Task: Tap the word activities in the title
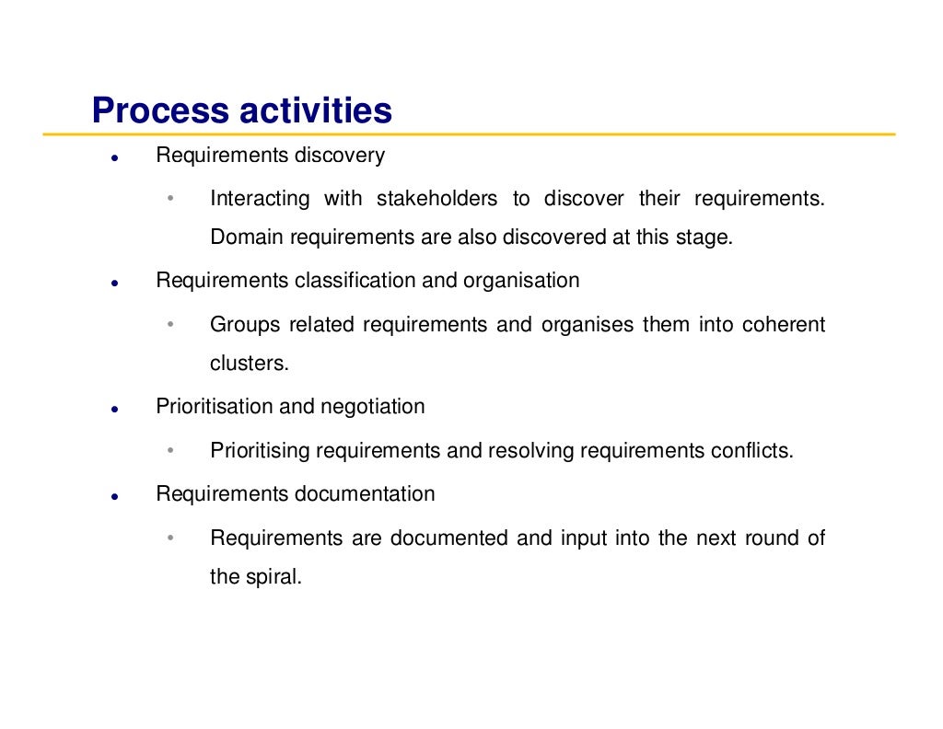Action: click(315, 111)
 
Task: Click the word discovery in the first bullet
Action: click(339, 156)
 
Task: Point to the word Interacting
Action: click(260, 199)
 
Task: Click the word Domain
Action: click(247, 237)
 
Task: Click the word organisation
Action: click(521, 281)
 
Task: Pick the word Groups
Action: click(242, 325)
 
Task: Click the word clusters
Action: click(249, 364)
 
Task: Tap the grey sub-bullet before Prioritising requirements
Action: click(170, 451)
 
